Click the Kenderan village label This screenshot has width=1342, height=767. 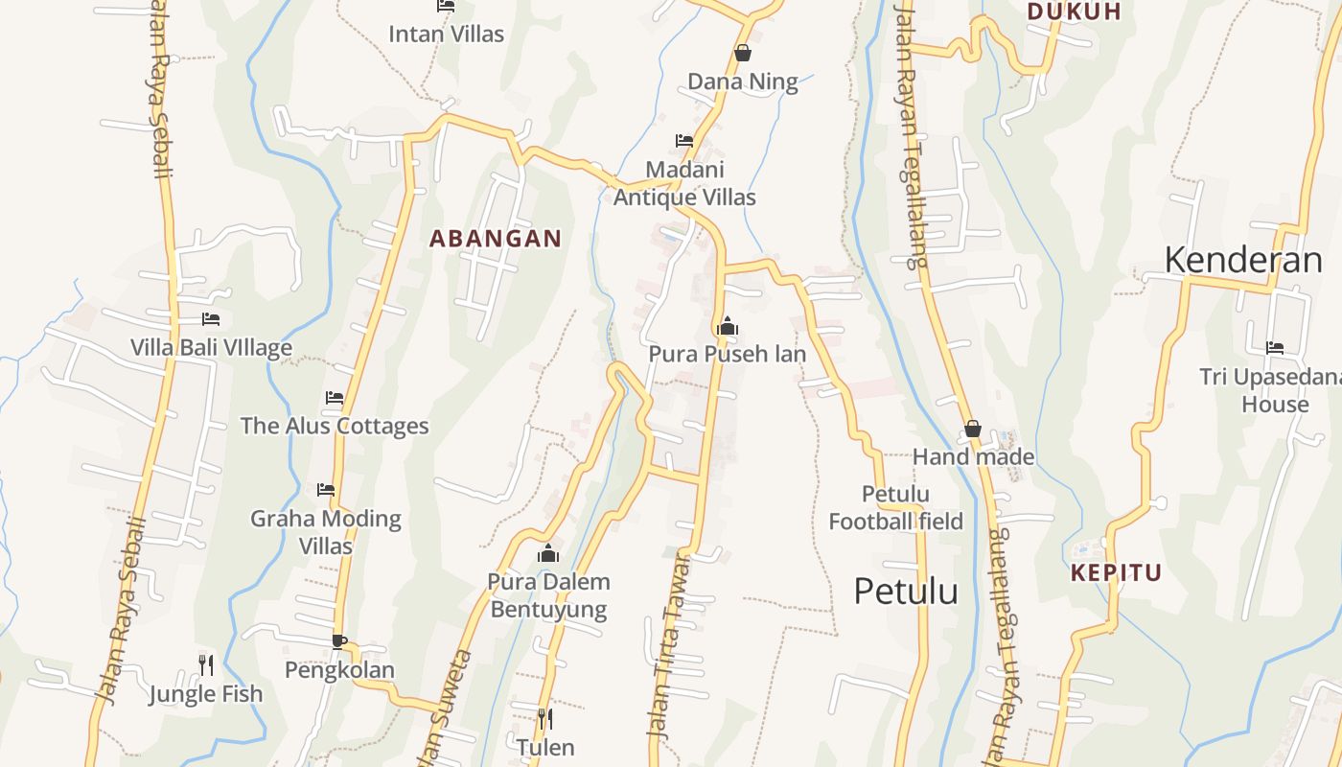[x=1243, y=260]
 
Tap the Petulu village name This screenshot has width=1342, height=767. [x=906, y=592]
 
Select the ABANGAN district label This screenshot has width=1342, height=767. [x=496, y=239]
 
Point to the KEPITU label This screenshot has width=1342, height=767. [x=1117, y=573]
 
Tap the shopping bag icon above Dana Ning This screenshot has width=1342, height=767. [x=742, y=53]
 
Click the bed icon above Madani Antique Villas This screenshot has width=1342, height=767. [x=684, y=141]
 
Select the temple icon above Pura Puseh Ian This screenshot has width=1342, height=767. [x=728, y=326]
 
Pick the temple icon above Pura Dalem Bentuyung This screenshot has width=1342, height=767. [x=548, y=553]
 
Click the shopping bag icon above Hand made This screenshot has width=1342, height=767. [x=973, y=429]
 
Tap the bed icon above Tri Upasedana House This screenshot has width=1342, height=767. [x=1275, y=348]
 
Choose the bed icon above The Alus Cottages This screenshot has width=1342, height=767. [x=335, y=397]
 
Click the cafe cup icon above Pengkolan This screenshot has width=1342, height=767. [x=338, y=640]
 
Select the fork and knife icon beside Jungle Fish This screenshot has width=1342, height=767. [x=205, y=663]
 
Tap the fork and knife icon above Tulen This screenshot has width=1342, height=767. [x=545, y=718]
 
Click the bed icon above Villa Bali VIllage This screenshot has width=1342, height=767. [x=211, y=318]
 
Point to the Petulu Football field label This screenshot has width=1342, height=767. [x=895, y=508]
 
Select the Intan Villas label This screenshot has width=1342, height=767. [x=446, y=35]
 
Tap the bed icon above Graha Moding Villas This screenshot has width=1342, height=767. [x=326, y=490]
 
